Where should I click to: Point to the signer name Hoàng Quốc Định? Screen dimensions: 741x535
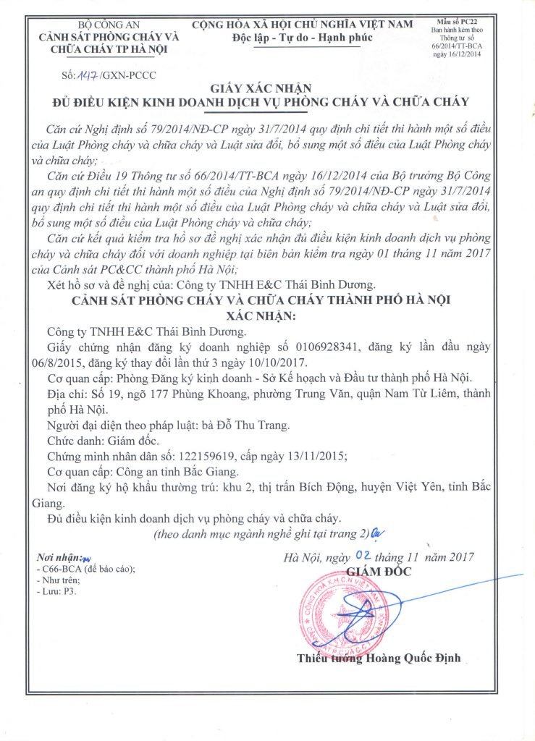pyautogui.click(x=414, y=659)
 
